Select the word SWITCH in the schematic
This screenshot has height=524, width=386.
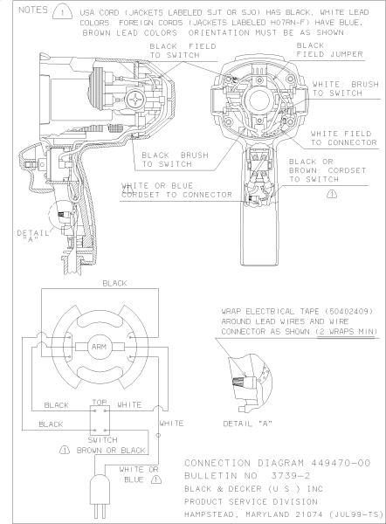[x=100, y=440]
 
